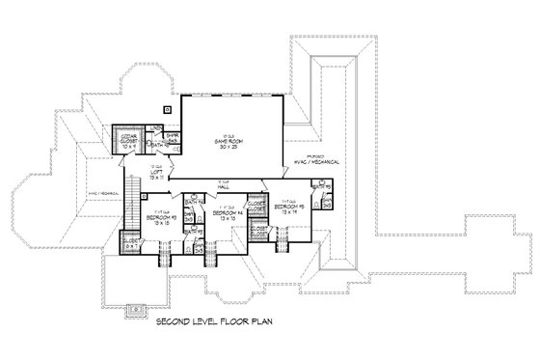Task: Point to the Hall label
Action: click(x=223, y=186)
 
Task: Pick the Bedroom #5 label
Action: click(x=290, y=207)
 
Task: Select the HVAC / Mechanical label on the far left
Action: click(x=101, y=193)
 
